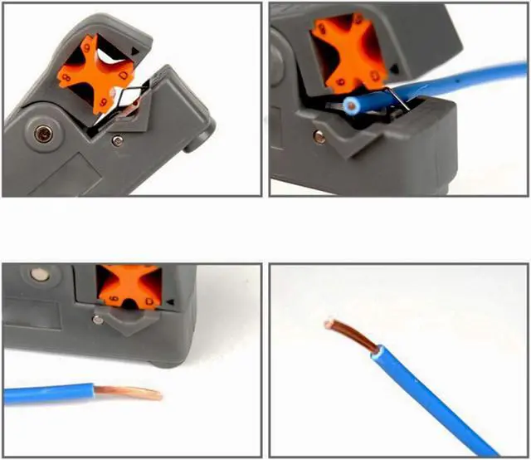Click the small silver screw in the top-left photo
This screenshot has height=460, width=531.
click(119, 142)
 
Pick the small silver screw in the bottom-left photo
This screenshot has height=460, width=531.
click(100, 318)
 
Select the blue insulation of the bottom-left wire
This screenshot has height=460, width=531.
click(50, 393)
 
